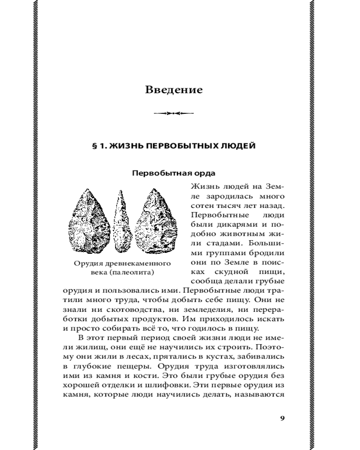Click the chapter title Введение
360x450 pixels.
pos(174,90)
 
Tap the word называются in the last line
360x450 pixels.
pos(264,395)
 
